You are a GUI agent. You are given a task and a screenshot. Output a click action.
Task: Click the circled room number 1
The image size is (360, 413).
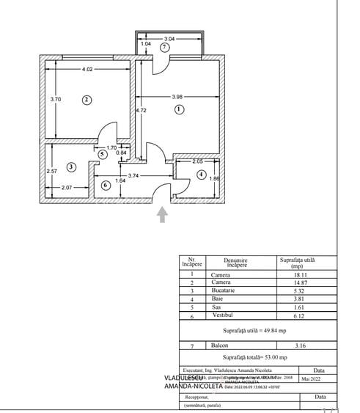pos(177,109)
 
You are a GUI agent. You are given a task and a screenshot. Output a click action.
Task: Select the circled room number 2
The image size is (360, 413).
pos(86,100)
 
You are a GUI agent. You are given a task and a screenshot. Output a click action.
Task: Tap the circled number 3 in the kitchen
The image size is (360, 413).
pos(70,167)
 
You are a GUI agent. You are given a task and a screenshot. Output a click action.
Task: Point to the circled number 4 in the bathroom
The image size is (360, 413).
pos(202,175)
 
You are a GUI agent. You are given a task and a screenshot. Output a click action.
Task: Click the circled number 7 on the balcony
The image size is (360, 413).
pos(165,46)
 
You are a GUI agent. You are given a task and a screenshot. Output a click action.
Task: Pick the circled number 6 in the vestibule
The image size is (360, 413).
pos(106,186)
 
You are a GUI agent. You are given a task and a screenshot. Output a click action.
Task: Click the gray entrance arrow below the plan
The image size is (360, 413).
pos(162,213)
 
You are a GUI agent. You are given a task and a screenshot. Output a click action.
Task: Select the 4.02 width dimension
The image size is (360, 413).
pos(87,70)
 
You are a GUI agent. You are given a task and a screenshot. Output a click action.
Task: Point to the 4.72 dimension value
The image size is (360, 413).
pos(142,110)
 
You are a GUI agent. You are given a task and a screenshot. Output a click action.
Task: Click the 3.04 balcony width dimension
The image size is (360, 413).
pos(169,37)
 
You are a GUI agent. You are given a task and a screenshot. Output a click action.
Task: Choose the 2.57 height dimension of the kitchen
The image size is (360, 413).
pos(51,172)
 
